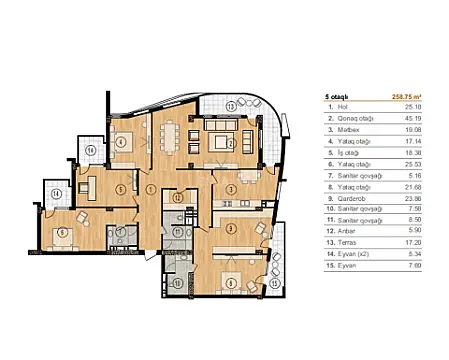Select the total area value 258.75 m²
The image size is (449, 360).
(x=415, y=97)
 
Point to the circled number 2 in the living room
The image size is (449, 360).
(x=231, y=143)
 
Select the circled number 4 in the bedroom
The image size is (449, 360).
(x=121, y=142)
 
